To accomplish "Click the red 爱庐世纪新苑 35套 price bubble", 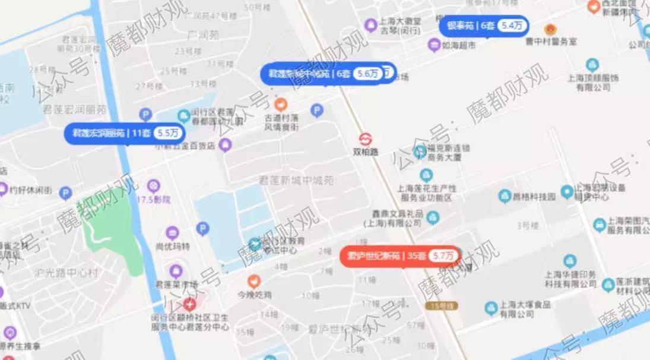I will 400,256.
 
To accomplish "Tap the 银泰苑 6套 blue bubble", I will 483,26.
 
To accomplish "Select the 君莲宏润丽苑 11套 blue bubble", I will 124,133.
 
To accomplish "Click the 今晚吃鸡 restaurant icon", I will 254,280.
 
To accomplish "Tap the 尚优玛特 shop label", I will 173,246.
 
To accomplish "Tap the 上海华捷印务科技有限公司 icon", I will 570,261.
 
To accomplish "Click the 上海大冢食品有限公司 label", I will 525,309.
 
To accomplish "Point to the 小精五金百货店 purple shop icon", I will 225,144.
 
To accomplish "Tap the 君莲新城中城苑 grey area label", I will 297,179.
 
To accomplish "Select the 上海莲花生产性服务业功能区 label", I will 426,192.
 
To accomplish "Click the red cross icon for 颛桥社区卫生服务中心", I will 189,305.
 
